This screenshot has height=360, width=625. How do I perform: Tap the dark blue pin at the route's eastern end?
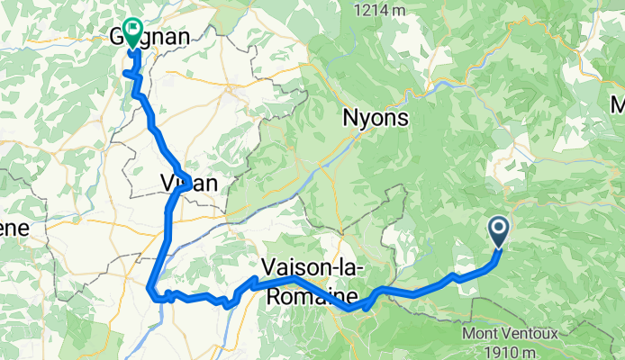pyautogui.click(x=498, y=232)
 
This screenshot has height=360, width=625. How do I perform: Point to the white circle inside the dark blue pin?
pyautogui.click(x=498, y=228)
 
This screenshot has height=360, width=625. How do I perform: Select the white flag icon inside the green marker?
pyautogui.click(x=133, y=30)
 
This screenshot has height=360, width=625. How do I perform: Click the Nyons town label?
pyautogui.click(x=376, y=118)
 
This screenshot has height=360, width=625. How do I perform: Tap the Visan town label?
pyautogui.click(x=188, y=183)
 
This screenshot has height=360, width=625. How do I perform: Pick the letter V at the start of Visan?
pyautogui.click(x=168, y=183)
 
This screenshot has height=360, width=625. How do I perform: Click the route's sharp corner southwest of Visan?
pyautogui.click(x=149, y=288)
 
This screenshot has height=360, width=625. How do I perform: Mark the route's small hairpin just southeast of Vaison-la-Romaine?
pyautogui.click(x=366, y=309)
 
